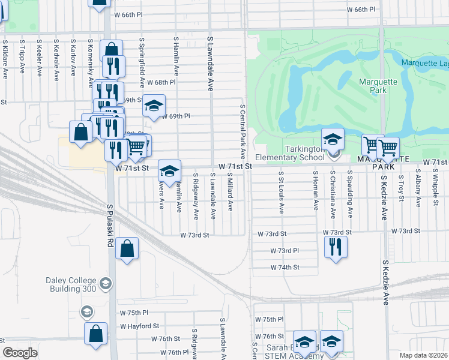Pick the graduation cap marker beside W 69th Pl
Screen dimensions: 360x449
click(x=154, y=107)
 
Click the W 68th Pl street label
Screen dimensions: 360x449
click(x=161, y=82)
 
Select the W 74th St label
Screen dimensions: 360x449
click(x=285, y=267)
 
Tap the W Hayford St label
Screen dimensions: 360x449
click(x=139, y=326)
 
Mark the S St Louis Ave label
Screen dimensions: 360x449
click(x=281, y=193)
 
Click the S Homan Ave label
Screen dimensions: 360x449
click(x=315, y=190)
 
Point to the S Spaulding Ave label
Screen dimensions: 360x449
click(x=350, y=194)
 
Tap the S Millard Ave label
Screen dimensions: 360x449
click(x=231, y=192)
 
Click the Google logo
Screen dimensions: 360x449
click(x=20, y=353)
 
